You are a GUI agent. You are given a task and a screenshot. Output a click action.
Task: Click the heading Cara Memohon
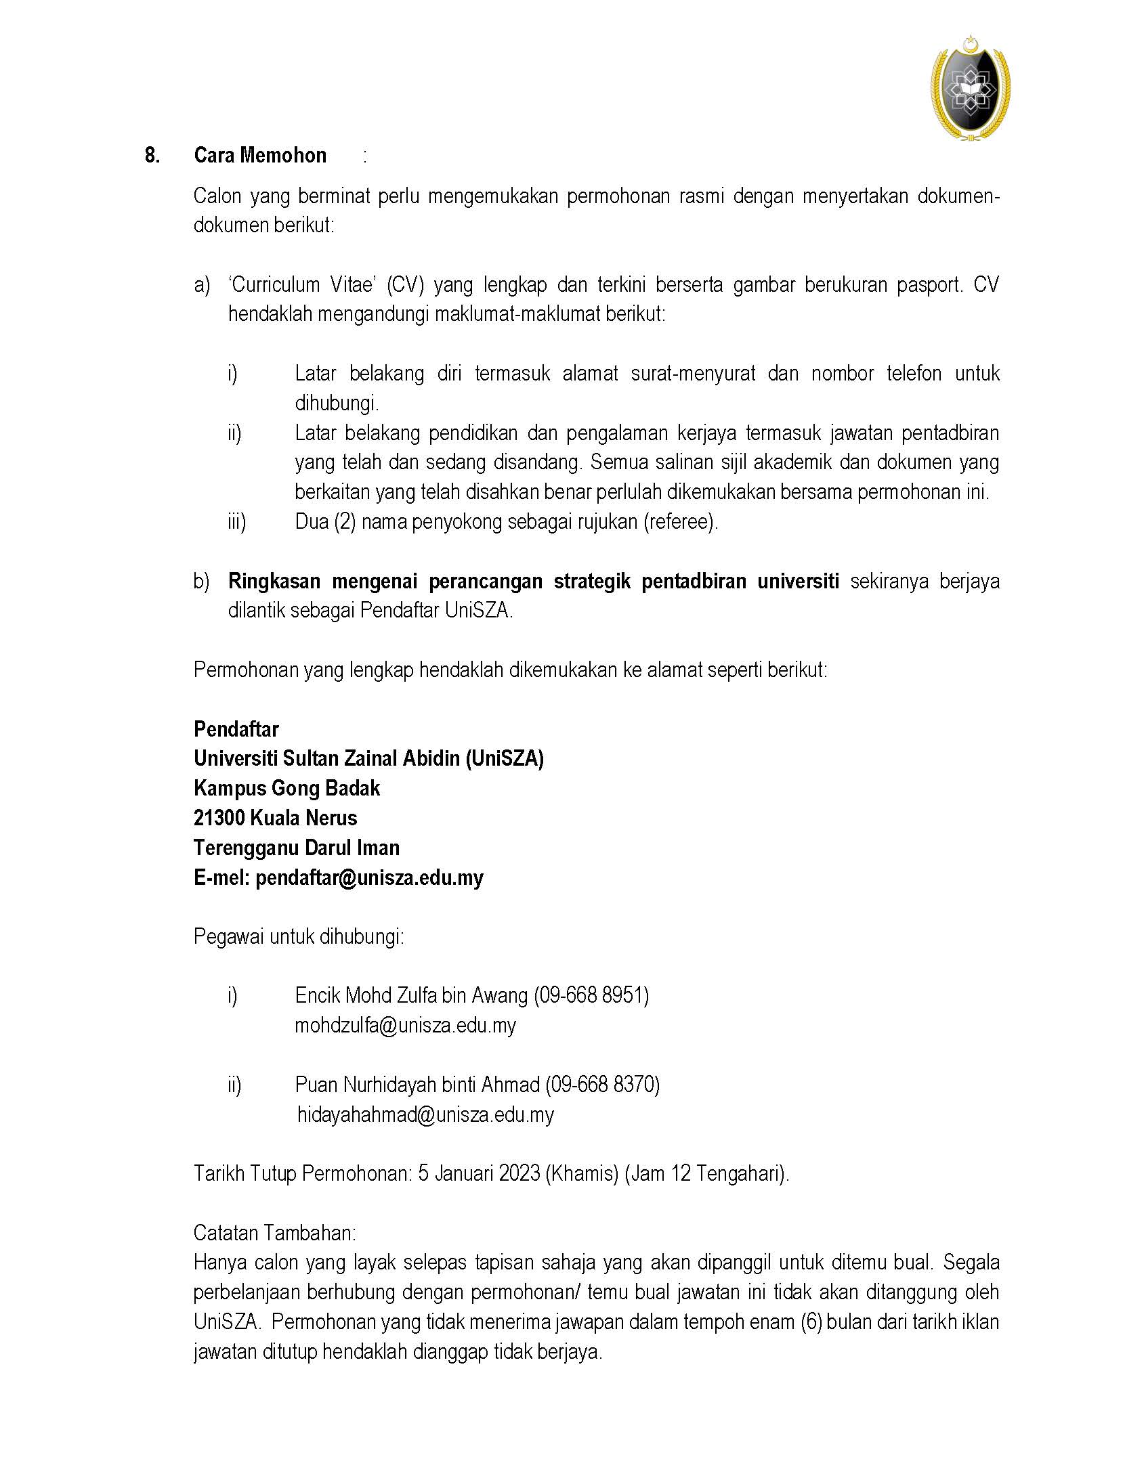(260, 156)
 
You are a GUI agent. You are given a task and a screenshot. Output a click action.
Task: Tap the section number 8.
(152, 156)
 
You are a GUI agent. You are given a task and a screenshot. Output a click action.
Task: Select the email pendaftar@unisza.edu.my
(369, 877)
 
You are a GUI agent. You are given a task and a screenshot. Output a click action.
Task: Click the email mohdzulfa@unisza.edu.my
(405, 1024)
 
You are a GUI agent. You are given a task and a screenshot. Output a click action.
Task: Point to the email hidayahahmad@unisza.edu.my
(425, 1114)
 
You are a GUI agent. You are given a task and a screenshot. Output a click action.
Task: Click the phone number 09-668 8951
(591, 995)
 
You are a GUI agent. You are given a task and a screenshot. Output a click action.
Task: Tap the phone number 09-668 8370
(602, 1085)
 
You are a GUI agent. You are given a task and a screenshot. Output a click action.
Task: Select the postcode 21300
(219, 818)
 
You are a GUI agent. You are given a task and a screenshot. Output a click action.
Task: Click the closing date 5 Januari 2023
(479, 1173)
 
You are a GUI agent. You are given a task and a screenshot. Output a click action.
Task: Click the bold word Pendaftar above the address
(236, 728)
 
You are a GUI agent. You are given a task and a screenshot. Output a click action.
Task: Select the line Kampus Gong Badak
(286, 788)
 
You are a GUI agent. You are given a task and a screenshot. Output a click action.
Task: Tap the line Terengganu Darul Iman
(297, 848)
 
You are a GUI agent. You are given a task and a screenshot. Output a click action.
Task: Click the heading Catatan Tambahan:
(275, 1232)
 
